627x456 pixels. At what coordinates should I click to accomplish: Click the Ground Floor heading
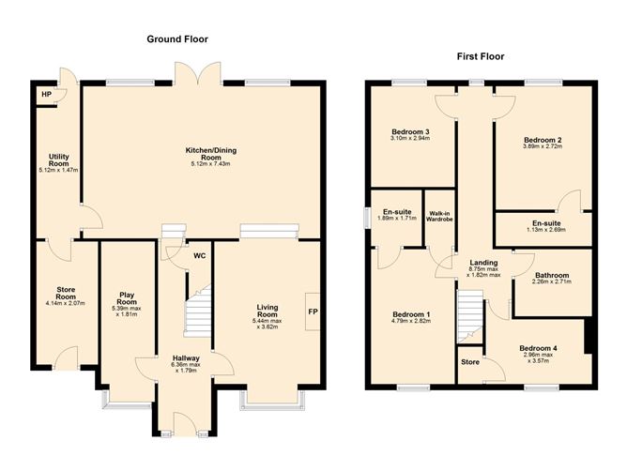tap(176, 39)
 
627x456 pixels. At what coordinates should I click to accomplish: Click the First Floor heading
tap(480, 56)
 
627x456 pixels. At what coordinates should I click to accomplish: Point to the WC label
tap(199, 255)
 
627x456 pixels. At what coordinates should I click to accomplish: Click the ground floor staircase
tap(197, 312)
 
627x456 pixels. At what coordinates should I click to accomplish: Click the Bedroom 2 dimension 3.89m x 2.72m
tap(542, 146)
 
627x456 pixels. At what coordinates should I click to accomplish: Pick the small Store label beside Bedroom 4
tap(469, 360)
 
